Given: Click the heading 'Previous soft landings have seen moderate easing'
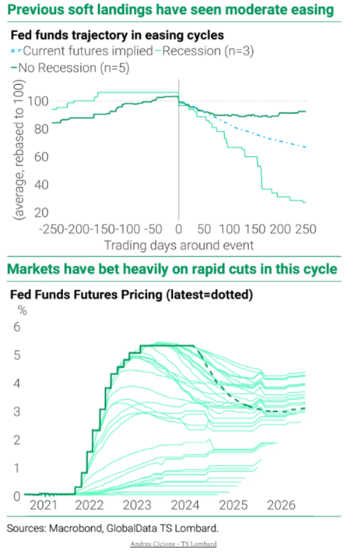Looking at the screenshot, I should (x=170, y=11).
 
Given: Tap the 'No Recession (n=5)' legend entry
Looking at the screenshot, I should (x=72, y=67).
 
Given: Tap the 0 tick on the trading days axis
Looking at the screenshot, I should (x=179, y=228).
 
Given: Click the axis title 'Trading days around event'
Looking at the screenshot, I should (x=178, y=245).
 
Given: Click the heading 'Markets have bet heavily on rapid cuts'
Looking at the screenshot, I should (x=172, y=269).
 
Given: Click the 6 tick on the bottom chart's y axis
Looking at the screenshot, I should (x=17, y=327).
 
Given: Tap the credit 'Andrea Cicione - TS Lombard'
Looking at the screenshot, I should (x=173, y=544).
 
